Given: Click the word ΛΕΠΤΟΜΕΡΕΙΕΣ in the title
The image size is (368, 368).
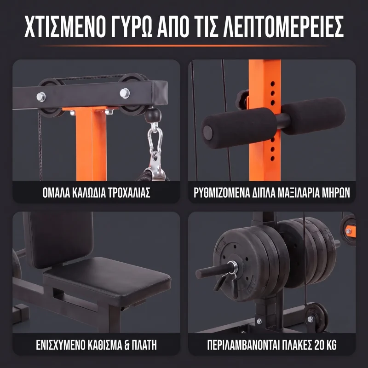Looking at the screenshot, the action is click(x=283, y=26).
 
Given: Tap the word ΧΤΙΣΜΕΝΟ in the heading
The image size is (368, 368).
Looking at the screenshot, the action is click(x=64, y=26).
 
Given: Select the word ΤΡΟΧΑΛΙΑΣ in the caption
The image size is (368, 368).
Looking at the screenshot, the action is click(x=129, y=193).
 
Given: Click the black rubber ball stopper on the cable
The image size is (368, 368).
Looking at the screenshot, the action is click(x=153, y=115).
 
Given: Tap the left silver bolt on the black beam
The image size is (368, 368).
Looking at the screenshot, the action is click(x=41, y=97).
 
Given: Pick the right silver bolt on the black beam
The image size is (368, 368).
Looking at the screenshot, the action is click(x=125, y=93).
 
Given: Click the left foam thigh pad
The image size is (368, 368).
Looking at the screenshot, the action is click(x=239, y=128).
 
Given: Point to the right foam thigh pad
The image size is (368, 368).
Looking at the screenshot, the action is click(x=313, y=113).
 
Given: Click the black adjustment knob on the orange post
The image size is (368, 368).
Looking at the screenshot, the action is click(x=242, y=100).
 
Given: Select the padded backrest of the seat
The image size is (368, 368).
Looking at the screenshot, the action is click(x=60, y=239).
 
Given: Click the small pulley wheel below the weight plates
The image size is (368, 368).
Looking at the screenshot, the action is click(x=316, y=317).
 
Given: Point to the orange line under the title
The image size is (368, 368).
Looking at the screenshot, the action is click(x=184, y=46).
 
